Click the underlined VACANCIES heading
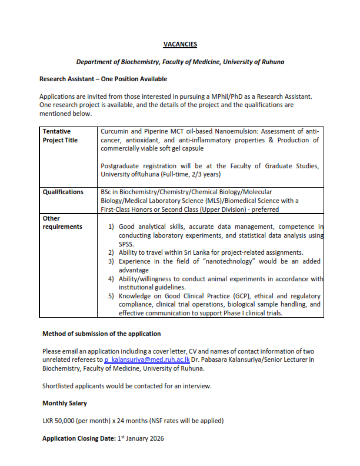(x=180, y=44)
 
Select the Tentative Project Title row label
(x=61, y=135)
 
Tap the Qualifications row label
(x=63, y=192)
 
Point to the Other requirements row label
(x=61, y=222)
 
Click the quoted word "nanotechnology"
(x=214, y=261)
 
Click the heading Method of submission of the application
(x=101, y=334)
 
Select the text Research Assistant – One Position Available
(x=103, y=79)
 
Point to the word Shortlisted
(x=60, y=386)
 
